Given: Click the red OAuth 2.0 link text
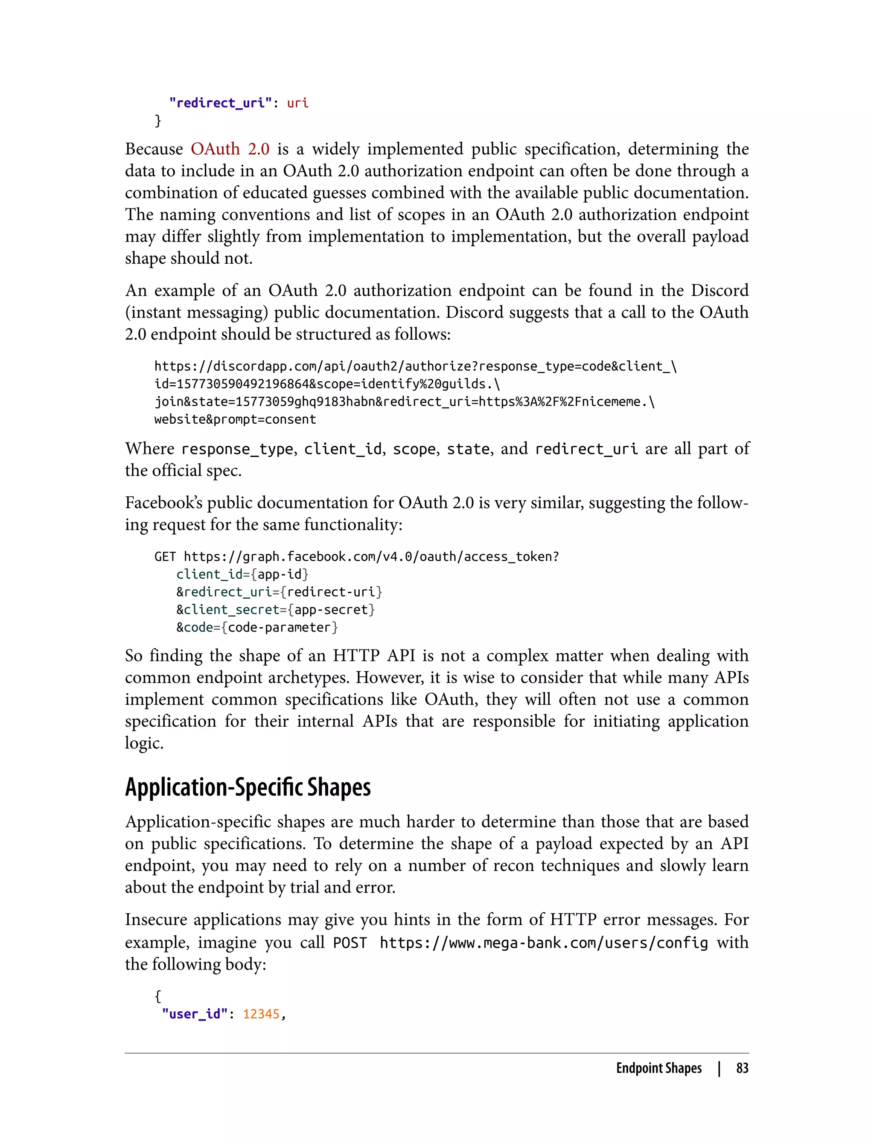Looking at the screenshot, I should coord(230,149).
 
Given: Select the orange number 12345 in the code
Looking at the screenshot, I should coord(261,1014).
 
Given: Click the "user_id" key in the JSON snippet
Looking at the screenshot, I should coord(195,1014).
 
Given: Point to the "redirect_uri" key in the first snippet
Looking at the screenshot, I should coord(220,103).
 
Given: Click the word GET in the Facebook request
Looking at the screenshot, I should coord(165,557).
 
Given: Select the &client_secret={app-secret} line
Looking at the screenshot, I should coord(275,610).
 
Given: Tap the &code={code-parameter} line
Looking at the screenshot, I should coord(257,627).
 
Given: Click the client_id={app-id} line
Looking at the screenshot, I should coord(242,574).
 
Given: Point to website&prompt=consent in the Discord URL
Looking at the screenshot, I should coord(235,420).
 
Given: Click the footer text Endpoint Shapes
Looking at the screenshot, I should coord(658,1068).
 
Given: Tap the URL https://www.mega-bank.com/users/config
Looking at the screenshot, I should coord(544,943).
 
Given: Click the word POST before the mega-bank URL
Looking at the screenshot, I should coord(350,943).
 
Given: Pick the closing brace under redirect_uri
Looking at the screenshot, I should coord(158,121).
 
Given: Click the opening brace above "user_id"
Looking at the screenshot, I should coord(158,996).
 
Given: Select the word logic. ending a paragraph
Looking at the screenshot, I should coord(144,743).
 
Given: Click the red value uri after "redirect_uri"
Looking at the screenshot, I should coord(297,103).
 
